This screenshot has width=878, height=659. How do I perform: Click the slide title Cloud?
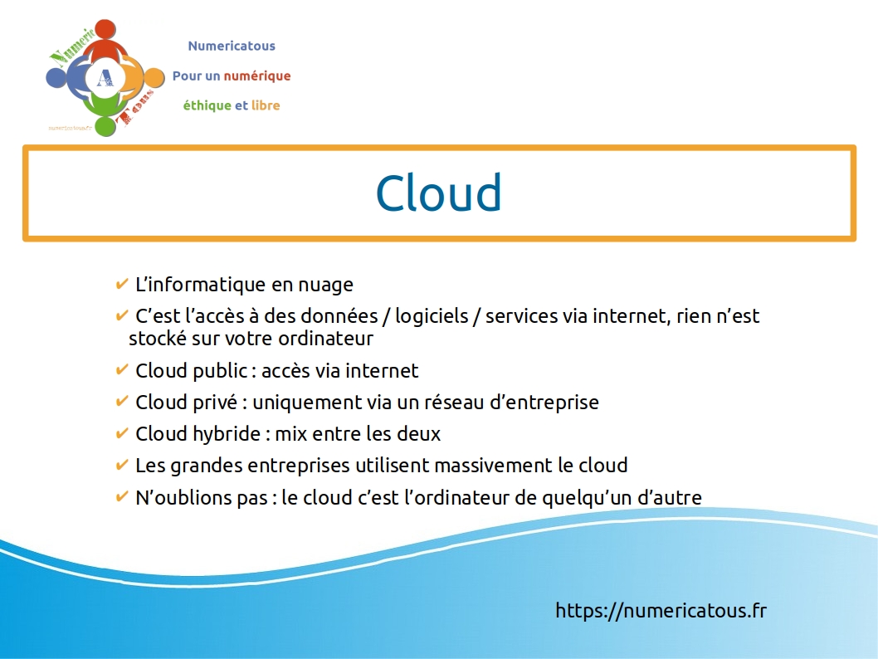pos(438,193)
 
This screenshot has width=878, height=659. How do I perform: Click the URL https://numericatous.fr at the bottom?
pos(661,611)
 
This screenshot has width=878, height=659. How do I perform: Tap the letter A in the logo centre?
pos(105,78)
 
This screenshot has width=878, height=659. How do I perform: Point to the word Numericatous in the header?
pos(232,46)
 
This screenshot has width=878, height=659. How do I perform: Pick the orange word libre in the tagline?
pos(266,105)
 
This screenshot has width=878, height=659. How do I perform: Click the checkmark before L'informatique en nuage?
pos(121,285)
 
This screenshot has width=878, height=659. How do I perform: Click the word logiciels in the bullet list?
pos(434,316)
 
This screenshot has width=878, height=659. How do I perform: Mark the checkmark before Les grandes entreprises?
pos(121,465)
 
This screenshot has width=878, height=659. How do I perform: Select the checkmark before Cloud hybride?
pos(121,433)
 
